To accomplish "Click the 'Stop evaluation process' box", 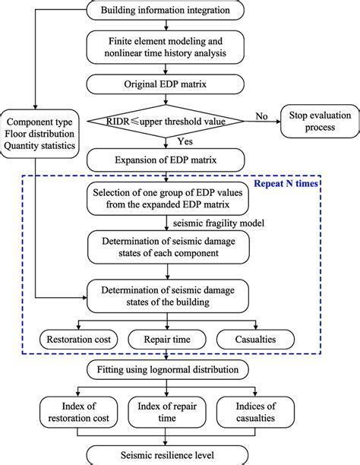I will pos(318,121).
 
